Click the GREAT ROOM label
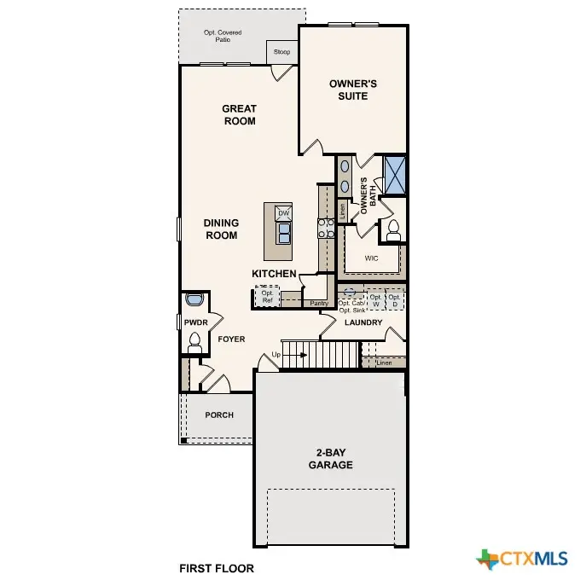pyautogui.click(x=239, y=114)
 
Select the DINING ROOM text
pyautogui.click(x=221, y=229)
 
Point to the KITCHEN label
pyautogui.click(x=274, y=274)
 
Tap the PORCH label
pyautogui.click(x=218, y=415)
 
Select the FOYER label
pyautogui.click(x=231, y=339)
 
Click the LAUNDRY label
pyautogui.click(x=363, y=323)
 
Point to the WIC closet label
pyautogui.click(x=371, y=257)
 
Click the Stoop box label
pyautogui.click(x=281, y=52)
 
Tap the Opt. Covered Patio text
pyautogui.click(x=223, y=36)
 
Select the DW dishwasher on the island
pyautogui.click(x=284, y=212)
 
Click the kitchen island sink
pyautogui.click(x=284, y=232)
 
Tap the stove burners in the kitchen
pyautogui.click(x=325, y=227)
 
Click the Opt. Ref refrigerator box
pyautogui.click(x=267, y=297)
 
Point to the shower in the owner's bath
pyautogui.click(x=394, y=174)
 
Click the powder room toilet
pyautogui.click(x=194, y=342)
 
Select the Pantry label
pyautogui.click(x=319, y=303)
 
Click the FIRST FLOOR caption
pyautogui.click(x=216, y=567)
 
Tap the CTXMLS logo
pyautogui.click(x=523, y=559)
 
